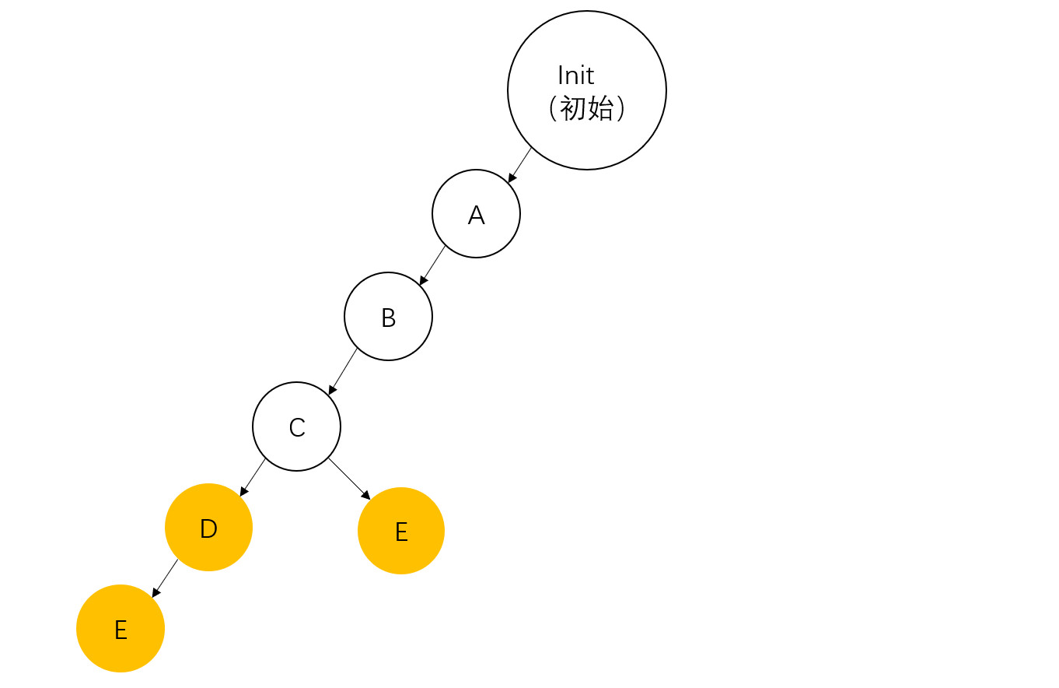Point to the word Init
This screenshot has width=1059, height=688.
click(x=575, y=75)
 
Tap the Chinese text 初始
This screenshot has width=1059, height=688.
click(x=587, y=108)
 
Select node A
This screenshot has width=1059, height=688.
click(x=476, y=214)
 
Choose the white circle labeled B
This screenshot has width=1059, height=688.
click(x=388, y=317)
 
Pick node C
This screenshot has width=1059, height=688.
click(x=296, y=426)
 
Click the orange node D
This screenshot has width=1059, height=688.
click(x=208, y=528)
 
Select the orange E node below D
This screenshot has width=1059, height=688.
click(x=121, y=629)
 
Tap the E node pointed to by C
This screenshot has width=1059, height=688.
click(x=401, y=531)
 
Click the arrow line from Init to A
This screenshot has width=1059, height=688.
click(x=521, y=163)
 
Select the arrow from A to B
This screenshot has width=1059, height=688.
click(x=433, y=265)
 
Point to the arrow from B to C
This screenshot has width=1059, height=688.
click(x=344, y=370)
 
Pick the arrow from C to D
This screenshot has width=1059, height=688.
click(x=253, y=476)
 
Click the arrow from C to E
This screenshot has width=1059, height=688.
click(x=348, y=477)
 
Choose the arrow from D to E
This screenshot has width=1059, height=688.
click(x=166, y=577)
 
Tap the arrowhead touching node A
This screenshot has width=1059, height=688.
click(x=512, y=178)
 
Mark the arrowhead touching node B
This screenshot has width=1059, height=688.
click(x=423, y=280)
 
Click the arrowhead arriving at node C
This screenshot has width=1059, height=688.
click(x=332, y=390)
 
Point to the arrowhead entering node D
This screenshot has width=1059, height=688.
click(x=243, y=492)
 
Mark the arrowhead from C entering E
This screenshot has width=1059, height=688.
click(x=366, y=495)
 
